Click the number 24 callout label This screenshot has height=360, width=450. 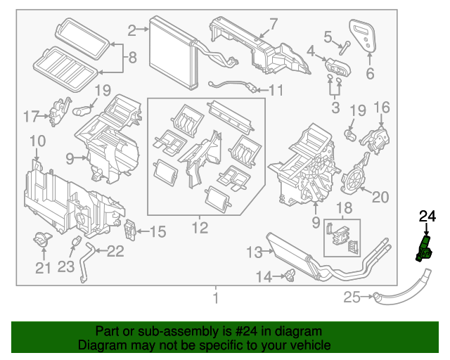427,218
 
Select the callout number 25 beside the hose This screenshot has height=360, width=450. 352,298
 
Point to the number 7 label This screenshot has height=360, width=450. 274,24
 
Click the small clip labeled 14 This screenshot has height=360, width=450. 288,276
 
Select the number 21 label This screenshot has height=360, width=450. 43,267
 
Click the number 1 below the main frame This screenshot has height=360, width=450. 216,299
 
